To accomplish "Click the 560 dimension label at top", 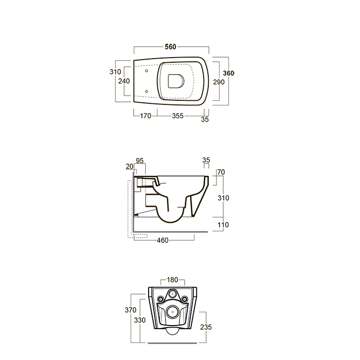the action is pos(170,47).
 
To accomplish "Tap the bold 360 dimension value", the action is pos(229,73).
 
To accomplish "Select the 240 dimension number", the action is pos(124,81).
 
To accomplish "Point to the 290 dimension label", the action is pos(219,82).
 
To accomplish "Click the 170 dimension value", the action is pos(146,116).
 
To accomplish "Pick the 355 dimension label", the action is pos(178,116).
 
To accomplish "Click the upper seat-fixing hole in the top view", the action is pos(147,71).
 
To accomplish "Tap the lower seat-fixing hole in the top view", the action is pos(147,92).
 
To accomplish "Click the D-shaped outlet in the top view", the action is pos(176,81).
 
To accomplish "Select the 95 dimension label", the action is pos(139,160).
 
